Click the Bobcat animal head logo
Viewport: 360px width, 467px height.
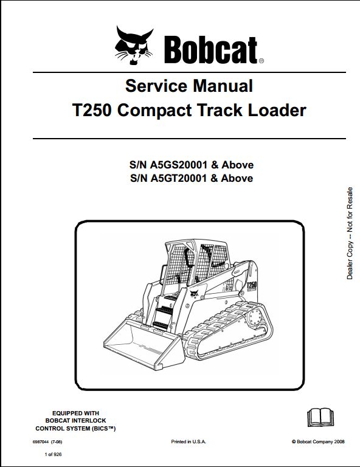pos(134,45)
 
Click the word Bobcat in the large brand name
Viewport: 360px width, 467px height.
pos(210,50)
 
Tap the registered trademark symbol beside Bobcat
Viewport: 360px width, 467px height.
pos(261,61)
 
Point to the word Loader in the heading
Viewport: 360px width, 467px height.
pos(277,110)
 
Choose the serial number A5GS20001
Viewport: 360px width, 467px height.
pos(178,165)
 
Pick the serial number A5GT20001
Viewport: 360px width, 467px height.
pos(178,178)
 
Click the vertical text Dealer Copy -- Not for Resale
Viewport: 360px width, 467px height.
pos(350,233)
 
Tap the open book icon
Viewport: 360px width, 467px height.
pos(320,418)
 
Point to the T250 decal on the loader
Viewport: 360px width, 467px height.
pos(252,285)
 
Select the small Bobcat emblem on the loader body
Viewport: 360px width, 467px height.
pos(194,293)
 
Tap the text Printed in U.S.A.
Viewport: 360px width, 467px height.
pos(189,441)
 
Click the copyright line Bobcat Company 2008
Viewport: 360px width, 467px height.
pos(318,441)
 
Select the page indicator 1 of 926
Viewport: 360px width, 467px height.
pos(53,454)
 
